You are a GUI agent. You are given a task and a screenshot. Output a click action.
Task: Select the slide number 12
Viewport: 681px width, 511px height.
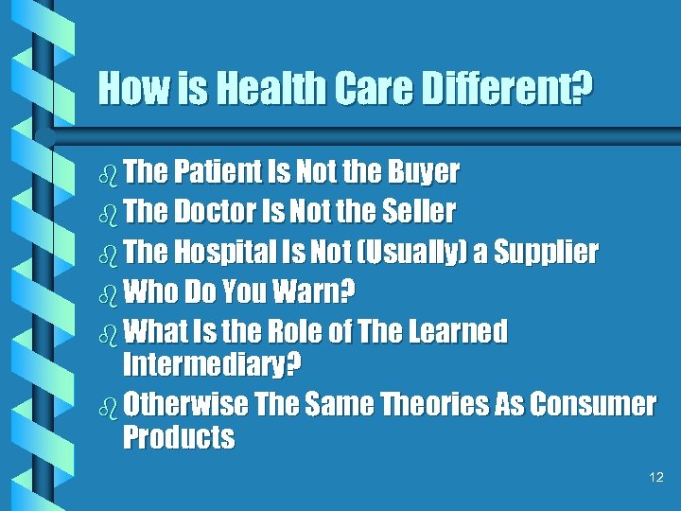tap(657, 478)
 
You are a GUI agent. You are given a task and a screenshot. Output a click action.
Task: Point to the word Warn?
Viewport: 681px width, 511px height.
tap(312, 292)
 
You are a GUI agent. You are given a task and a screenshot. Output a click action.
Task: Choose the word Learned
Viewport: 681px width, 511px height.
tap(459, 332)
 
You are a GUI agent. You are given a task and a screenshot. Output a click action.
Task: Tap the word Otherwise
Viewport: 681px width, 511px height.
tap(186, 405)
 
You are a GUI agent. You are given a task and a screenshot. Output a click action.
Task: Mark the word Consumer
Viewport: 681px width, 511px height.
tap(592, 405)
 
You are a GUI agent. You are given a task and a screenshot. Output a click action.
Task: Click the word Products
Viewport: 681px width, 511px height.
tap(179, 437)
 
